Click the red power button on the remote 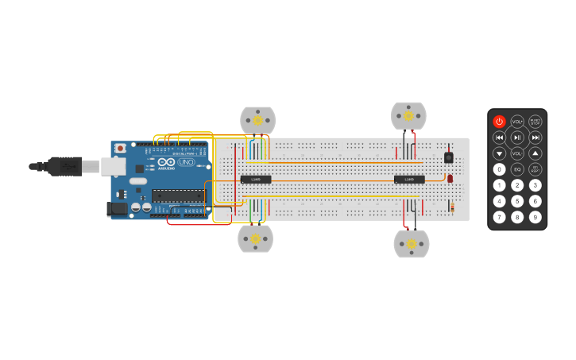click(499, 122)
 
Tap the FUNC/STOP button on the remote click(535, 122)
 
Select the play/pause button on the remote click(517, 137)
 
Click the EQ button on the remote click(517, 169)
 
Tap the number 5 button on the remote click(517, 201)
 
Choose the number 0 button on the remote click(499, 169)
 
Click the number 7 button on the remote click(499, 217)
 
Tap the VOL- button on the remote click(517, 153)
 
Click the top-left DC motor click(257, 120)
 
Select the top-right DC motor click(408, 116)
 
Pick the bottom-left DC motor click(255, 238)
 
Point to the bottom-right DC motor click(412, 243)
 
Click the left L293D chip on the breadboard click(256, 179)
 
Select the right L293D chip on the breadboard click(409, 179)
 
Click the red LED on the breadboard click(450, 179)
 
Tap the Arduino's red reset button click(120, 148)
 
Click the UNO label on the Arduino click(186, 162)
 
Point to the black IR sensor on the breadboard click(449, 157)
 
